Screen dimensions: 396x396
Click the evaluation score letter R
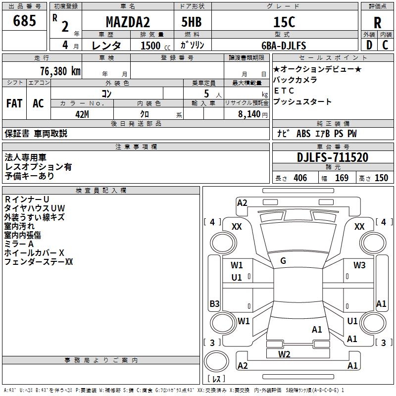click(378, 23)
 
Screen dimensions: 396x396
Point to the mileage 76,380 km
click(58, 71)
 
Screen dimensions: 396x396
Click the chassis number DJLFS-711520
click(333, 157)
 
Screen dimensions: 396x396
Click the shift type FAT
click(14, 103)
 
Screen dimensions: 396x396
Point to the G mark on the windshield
click(283, 260)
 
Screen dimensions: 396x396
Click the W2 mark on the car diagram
click(284, 354)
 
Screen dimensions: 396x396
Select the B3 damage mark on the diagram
click(214, 303)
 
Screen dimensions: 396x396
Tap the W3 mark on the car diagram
click(359, 265)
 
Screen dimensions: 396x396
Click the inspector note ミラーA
click(19, 244)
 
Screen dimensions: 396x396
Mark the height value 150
click(381, 178)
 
